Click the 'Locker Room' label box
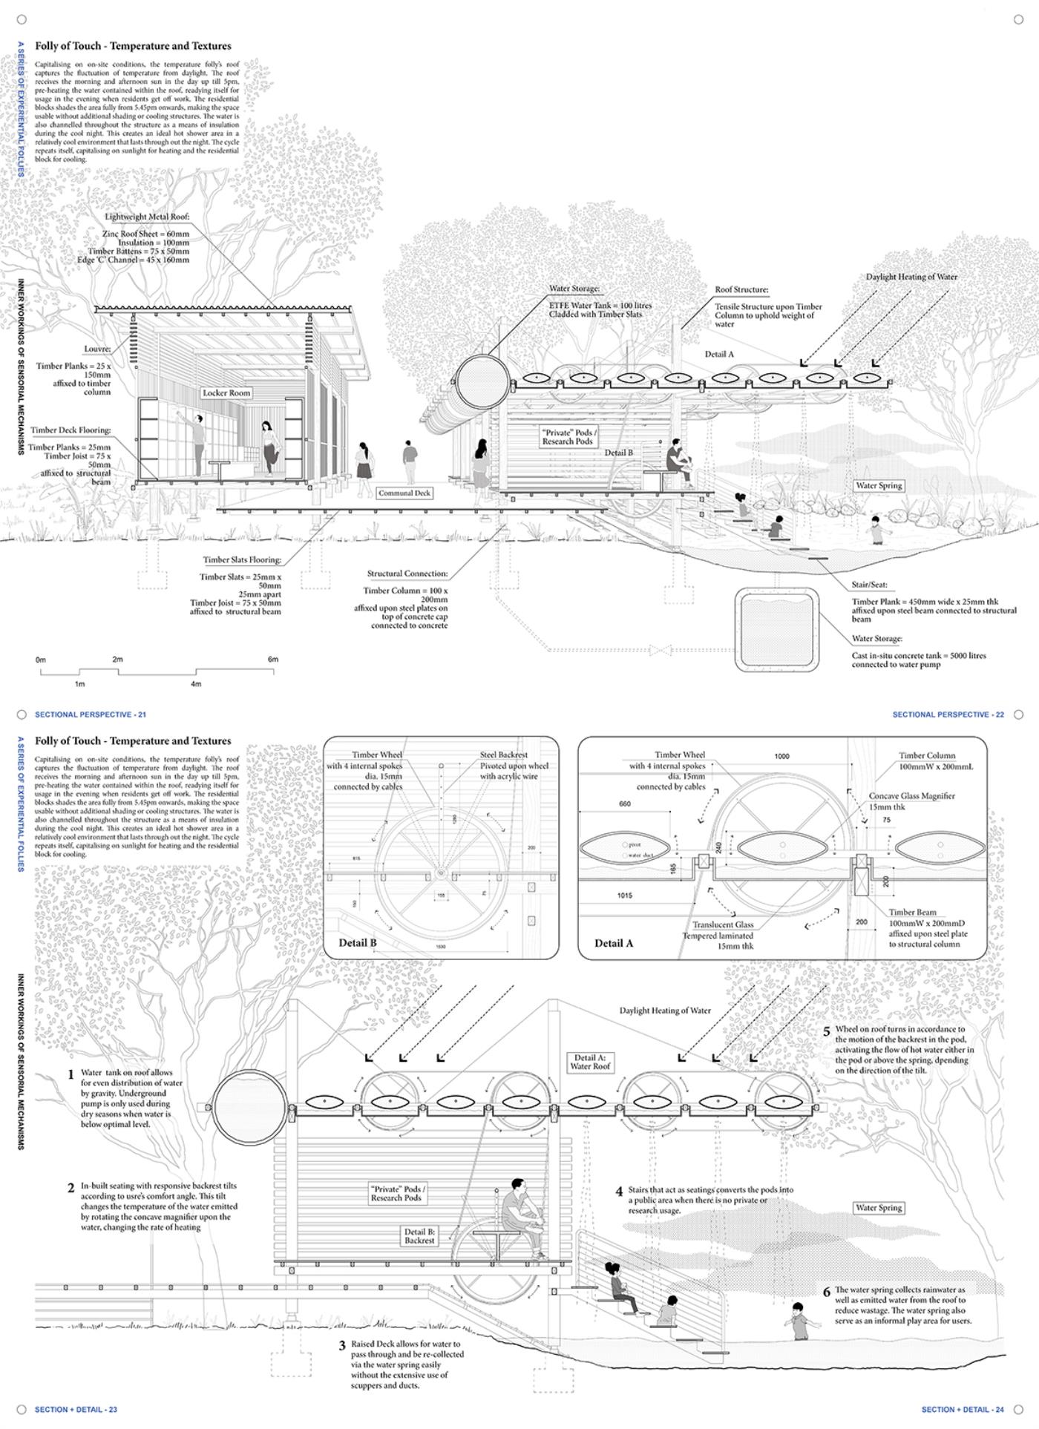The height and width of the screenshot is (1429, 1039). [x=227, y=392]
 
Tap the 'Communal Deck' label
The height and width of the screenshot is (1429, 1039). [x=404, y=493]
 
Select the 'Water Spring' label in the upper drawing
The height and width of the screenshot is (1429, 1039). [x=879, y=485]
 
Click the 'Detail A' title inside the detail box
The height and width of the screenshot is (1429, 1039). [x=614, y=943]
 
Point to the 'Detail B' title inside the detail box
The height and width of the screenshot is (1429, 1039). [x=358, y=942]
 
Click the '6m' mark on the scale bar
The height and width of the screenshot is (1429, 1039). [x=273, y=659]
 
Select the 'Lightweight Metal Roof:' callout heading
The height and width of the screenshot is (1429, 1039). [x=147, y=217]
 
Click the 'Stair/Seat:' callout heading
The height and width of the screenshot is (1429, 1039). [x=869, y=585]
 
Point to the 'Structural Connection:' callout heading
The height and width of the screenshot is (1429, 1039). [x=407, y=574]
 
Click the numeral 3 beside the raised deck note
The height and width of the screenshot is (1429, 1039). [x=342, y=1345]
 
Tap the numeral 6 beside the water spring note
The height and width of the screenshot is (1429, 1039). [x=827, y=1292]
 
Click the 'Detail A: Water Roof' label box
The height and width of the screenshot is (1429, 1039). [x=590, y=1062]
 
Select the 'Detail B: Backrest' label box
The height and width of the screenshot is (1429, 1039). [x=419, y=1235]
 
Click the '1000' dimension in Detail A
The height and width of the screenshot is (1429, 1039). [x=781, y=756]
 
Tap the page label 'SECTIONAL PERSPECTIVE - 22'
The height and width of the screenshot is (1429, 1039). [x=948, y=714]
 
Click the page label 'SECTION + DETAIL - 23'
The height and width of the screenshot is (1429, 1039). [x=76, y=1409]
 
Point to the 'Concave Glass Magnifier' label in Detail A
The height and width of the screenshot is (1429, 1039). [x=911, y=795]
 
